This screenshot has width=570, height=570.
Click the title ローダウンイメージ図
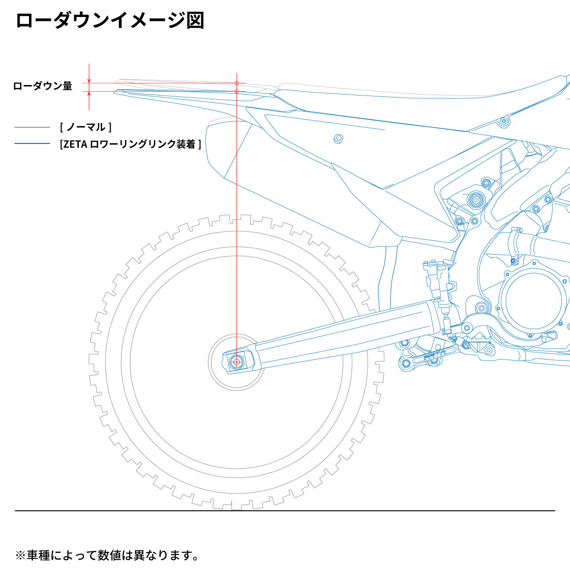pos(110,21)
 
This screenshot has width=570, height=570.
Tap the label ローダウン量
pos(43,86)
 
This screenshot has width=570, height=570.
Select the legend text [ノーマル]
pos(86,127)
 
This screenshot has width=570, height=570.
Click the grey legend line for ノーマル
pos(32,127)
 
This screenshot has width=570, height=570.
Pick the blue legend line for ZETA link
pos(32,143)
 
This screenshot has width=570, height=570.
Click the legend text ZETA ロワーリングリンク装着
pos(131,144)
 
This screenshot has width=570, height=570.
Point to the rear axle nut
pos(236,362)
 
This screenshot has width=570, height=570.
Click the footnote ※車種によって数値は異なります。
pos(107,555)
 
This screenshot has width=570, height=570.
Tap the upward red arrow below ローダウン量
pos(89,95)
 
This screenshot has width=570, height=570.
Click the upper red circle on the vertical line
pos(237,83)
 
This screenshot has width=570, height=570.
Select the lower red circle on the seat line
pos(237,91)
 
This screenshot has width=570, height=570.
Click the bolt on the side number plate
pos(338,138)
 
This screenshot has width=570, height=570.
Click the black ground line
pos(285,511)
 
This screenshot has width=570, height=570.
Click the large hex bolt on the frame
pos(475,200)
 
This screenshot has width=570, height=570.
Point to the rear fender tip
pos(117,92)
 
